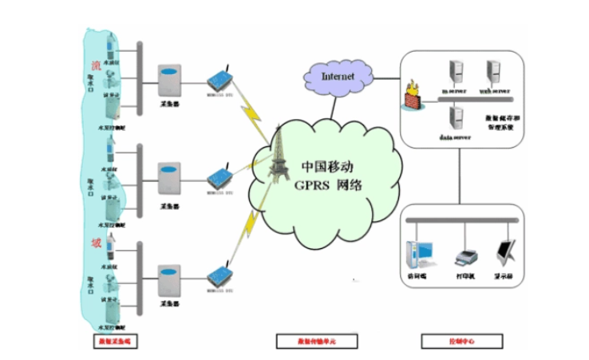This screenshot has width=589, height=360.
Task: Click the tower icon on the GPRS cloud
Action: [280, 155]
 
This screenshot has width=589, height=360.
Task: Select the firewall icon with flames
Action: [413, 95]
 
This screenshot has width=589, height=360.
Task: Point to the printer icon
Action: [465, 256]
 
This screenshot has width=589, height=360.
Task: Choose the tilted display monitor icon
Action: [506, 253]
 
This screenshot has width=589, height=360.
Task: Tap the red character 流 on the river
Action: [97, 64]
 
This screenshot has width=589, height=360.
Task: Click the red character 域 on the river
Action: [96, 242]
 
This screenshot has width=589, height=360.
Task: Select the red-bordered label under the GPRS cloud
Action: [314, 342]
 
